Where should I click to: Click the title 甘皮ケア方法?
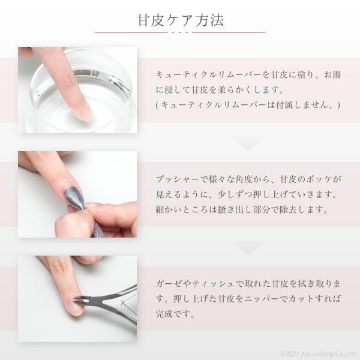coord(180,20)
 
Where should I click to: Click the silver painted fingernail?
coord(74,197)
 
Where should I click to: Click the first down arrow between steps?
coord(248,144)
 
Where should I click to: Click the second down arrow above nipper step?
coord(248,248)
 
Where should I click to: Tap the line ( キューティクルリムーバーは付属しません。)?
coord(248,105)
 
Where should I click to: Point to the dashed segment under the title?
coord(180,32)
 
